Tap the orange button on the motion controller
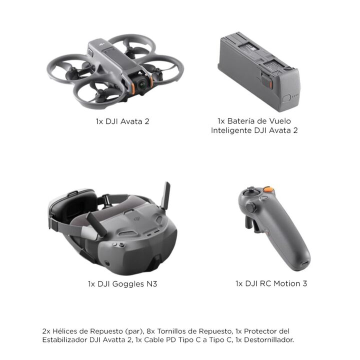[x=268, y=189]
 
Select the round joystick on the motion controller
[x=250, y=207]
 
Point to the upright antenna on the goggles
[x=166, y=195]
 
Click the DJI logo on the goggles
[x=137, y=219]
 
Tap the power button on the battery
[x=286, y=98]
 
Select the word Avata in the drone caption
[x=131, y=121]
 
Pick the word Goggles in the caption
[x=128, y=284]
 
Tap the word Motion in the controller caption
[x=287, y=284]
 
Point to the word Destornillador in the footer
[x=269, y=340]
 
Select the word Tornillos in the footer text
[x=171, y=331]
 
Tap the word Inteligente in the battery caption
[x=231, y=130]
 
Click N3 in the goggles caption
[x=152, y=284]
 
